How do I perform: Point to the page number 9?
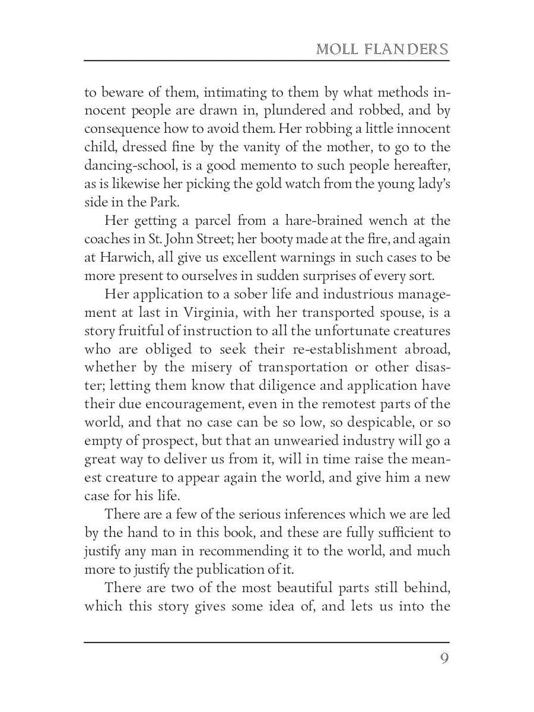444,659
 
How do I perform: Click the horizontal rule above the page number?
266,641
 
